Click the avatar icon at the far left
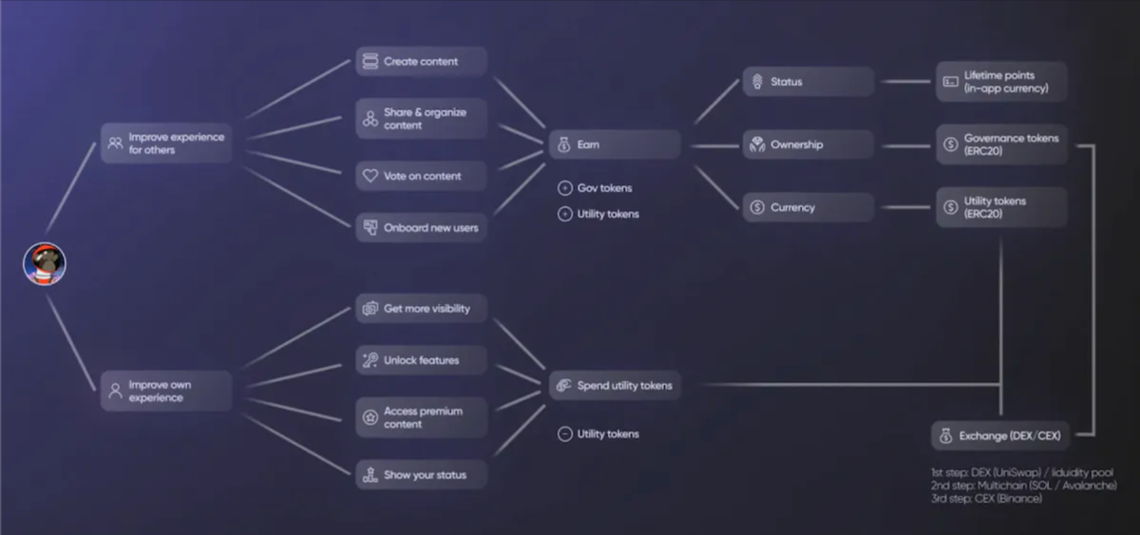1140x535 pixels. (x=45, y=263)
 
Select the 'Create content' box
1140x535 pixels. (x=421, y=62)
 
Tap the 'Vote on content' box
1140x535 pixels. (x=421, y=176)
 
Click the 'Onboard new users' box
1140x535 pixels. (x=421, y=228)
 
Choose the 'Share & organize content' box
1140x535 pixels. (x=421, y=119)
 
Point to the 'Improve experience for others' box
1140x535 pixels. (x=166, y=143)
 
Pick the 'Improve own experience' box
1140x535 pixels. (x=166, y=392)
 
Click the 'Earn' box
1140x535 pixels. (x=615, y=144)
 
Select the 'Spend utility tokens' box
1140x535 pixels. (x=615, y=386)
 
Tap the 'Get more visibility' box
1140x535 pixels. (x=421, y=309)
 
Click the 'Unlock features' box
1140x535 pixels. (x=421, y=360)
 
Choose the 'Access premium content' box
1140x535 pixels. (x=421, y=418)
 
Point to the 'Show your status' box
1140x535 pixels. (x=421, y=475)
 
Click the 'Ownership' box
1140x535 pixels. (x=807, y=144)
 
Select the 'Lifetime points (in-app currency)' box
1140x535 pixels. (x=1001, y=82)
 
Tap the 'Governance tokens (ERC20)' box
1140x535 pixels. (x=1001, y=144)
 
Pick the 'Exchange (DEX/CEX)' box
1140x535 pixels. (x=1000, y=436)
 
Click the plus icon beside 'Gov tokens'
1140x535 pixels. (x=564, y=188)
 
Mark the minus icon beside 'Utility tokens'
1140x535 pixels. (x=564, y=434)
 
